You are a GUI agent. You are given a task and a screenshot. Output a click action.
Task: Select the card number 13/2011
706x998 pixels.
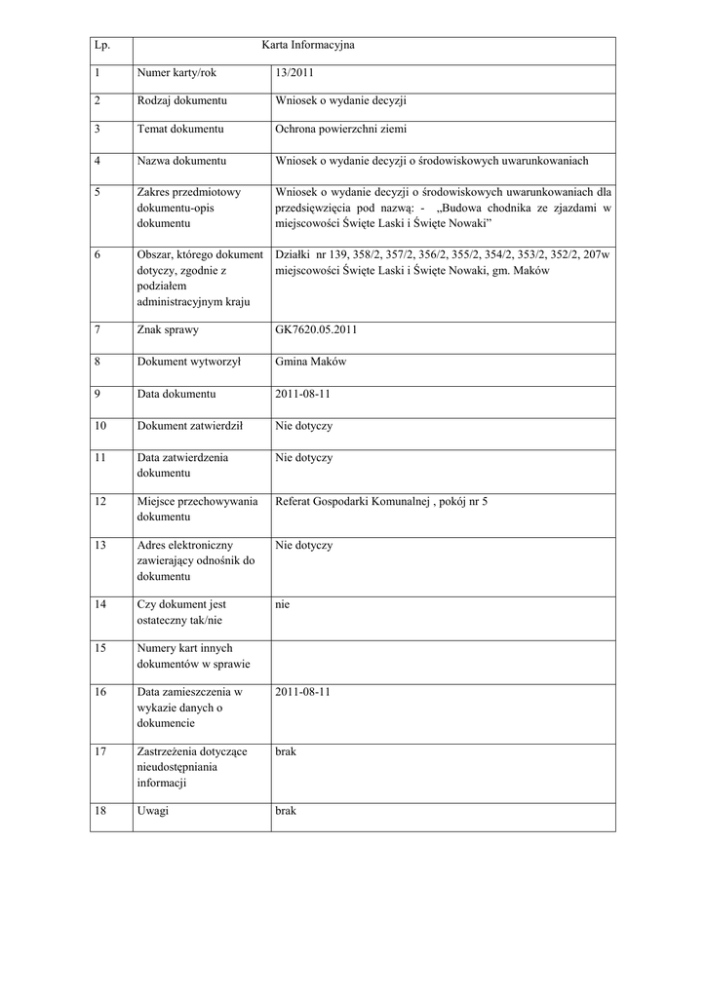295,73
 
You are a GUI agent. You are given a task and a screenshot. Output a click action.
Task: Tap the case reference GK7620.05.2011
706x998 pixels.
317,330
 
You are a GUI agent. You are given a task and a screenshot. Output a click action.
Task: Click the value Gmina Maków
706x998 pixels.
304,363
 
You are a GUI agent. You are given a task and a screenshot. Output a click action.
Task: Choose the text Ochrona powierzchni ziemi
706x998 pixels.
340,130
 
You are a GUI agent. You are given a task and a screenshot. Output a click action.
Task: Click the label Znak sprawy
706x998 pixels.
168,330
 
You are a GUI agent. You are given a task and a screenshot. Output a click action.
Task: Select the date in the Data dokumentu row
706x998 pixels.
303,395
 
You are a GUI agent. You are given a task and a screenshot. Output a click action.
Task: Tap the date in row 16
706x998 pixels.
303,692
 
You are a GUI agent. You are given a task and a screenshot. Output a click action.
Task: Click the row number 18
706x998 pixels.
100,812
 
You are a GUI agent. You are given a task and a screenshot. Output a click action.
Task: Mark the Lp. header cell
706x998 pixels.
102,46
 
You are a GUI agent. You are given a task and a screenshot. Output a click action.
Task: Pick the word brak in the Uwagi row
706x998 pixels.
286,812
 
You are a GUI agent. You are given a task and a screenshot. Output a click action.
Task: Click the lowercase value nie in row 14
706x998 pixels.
283,605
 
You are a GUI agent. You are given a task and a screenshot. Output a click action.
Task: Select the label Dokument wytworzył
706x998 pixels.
189,363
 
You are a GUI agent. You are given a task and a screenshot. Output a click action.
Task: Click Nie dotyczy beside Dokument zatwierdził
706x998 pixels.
304,427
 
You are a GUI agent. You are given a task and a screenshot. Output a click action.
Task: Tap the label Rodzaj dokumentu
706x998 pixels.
182,101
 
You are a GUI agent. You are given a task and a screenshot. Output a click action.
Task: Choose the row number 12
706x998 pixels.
100,502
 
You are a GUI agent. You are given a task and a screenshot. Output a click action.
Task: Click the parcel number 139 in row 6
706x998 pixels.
333,255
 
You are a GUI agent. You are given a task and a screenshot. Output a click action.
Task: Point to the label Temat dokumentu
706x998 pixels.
181,130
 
